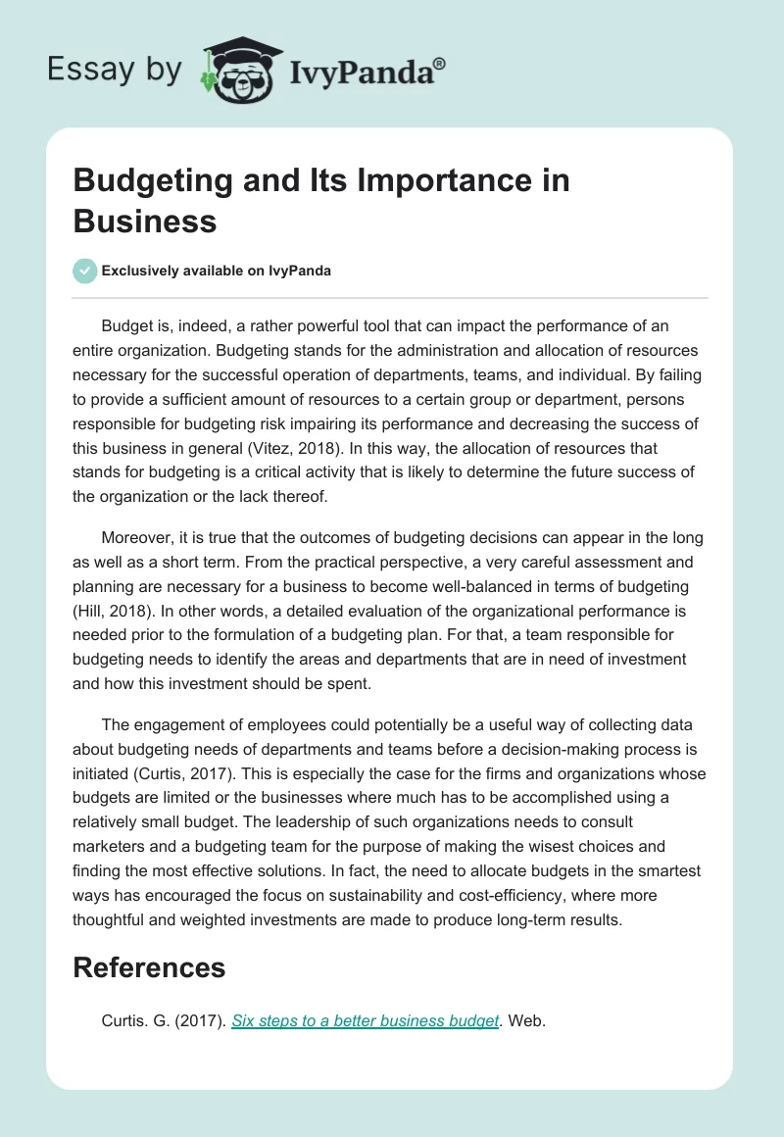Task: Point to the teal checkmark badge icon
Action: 85,271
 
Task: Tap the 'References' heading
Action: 149,967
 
